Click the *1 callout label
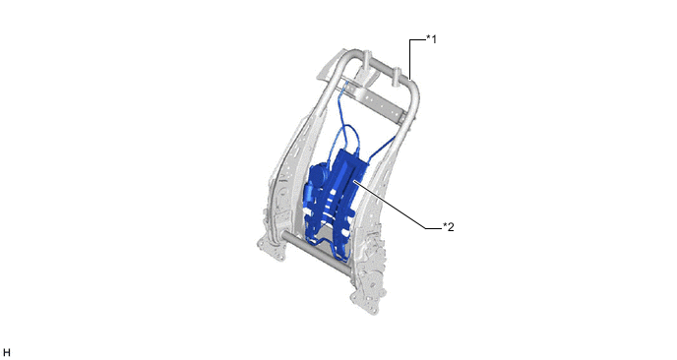click(431, 39)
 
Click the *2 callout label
click(448, 227)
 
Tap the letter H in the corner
click(7, 353)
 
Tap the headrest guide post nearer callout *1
click(397, 77)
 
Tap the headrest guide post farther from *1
click(366, 60)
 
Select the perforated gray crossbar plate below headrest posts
click(375, 99)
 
